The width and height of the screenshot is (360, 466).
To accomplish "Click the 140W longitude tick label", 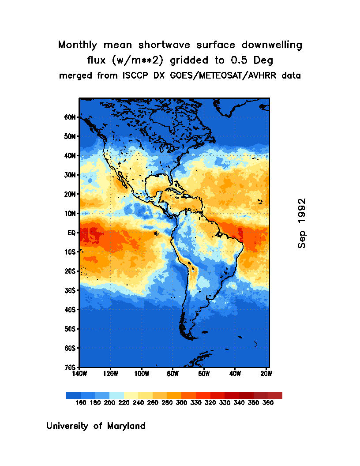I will tap(79, 374).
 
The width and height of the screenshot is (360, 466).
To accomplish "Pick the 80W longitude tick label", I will tap(172, 374).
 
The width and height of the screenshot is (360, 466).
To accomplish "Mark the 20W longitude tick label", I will tap(266, 374).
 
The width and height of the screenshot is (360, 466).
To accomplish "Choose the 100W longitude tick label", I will tap(142, 374).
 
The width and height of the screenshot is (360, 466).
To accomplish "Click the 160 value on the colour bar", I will tap(81, 403).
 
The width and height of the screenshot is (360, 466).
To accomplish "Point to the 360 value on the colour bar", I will tap(268, 403).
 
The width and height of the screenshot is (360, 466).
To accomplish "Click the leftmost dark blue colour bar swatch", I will tap(73, 395).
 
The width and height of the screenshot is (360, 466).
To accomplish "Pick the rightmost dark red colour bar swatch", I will tap(275, 395).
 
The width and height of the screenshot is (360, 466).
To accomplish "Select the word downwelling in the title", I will tap(272, 45).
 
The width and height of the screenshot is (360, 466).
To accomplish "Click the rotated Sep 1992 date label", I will tap(302, 223).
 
